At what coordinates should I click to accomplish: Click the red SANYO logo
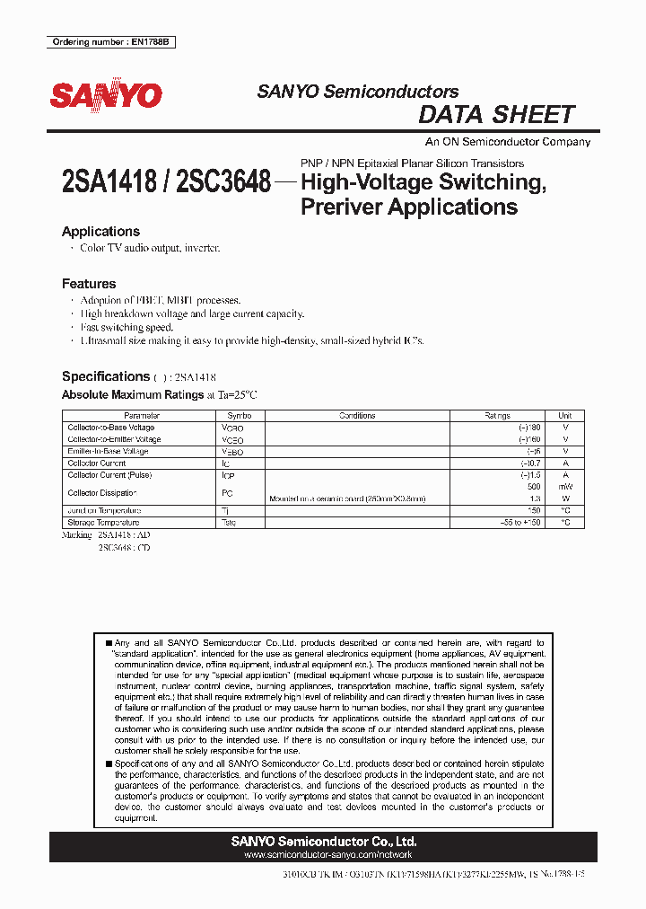pyautogui.click(x=106, y=96)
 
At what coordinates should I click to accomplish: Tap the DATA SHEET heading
pyautogui.click(x=496, y=115)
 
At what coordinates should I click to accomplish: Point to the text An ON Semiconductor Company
pyautogui.click(x=507, y=142)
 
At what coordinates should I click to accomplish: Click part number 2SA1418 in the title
pyautogui.click(x=113, y=182)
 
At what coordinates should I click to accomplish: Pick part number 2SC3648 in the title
pyautogui.click(x=224, y=182)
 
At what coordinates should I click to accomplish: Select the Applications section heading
pyautogui.click(x=100, y=232)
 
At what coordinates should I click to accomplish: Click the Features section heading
pyautogui.click(x=89, y=284)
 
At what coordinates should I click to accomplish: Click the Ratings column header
pyautogui.click(x=497, y=416)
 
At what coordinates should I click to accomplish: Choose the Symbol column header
pyautogui.click(x=240, y=416)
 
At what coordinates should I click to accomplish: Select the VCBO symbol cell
pyautogui.click(x=232, y=428)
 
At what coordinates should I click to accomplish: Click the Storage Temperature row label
pyautogui.click(x=103, y=522)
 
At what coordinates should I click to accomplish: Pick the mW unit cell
pyautogui.click(x=564, y=487)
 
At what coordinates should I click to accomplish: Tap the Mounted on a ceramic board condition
pyautogui.click(x=347, y=499)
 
